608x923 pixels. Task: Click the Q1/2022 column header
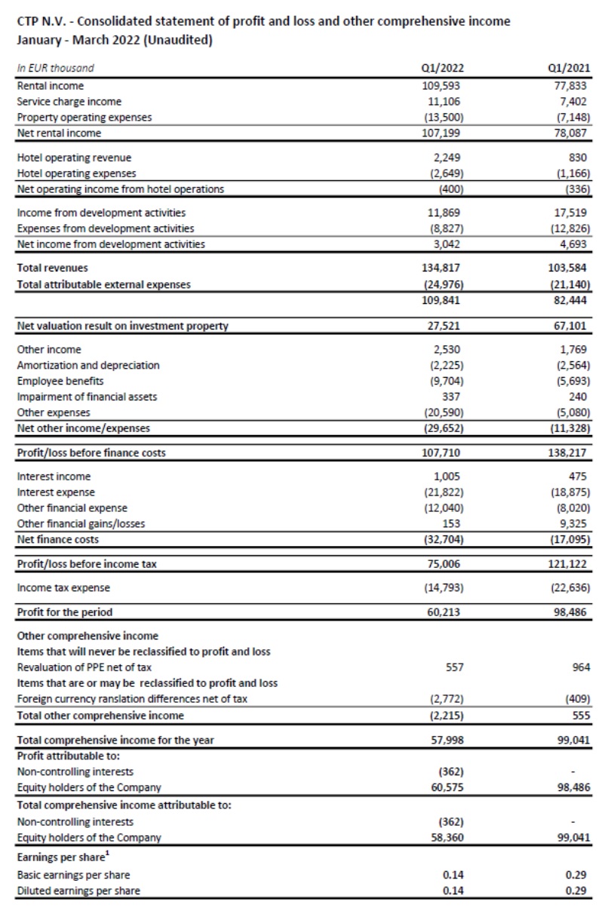click(441, 68)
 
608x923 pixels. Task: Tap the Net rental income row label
click(59, 133)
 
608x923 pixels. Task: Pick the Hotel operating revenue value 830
click(579, 158)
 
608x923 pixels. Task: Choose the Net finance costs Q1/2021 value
click(567, 539)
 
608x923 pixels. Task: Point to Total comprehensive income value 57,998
click(443, 740)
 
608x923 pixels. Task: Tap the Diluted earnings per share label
click(78, 891)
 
